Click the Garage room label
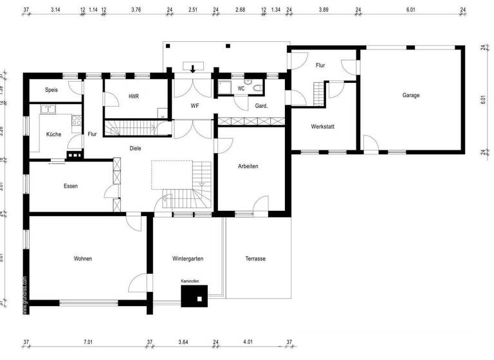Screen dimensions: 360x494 [411, 95]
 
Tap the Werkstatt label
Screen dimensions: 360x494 [322, 127]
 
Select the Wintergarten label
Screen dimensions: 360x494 [188, 258]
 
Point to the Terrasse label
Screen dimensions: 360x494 [255, 258]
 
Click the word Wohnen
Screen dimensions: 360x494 [82, 258]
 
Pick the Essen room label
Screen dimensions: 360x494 [71, 186]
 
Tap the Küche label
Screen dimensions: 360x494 [54, 134]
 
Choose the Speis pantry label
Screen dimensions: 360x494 [51, 90]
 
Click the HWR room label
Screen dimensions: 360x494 [134, 96]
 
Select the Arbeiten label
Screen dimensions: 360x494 [248, 166]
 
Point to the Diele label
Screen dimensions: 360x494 [135, 148]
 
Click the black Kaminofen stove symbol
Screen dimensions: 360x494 [194, 296]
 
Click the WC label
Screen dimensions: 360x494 [241, 88]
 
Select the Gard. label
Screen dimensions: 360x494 [261, 105]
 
